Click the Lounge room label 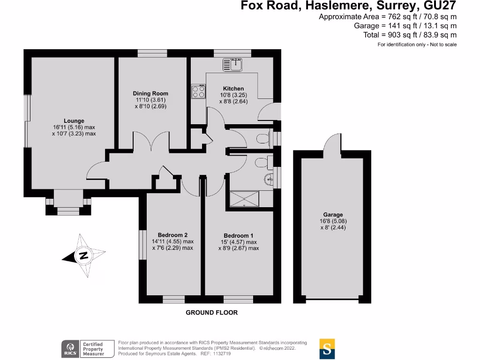pyautogui.click(x=74, y=121)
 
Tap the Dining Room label pyautogui.click(x=150, y=93)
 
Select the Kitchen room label pyautogui.click(x=233, y=89)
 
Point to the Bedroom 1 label pyautogui.click(x=238, y=235)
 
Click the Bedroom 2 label pyautogui.click(x=172, y=235)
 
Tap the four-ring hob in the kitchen pyautogui.click(x=198, y=91)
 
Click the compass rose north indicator pyautogui.click(x=83, y=256)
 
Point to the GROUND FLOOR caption pyautogui.click(x=212, y=313)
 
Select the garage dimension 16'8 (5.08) pyautogui.click(x=333, y=221)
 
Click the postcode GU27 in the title pyautogui.click(x=439, y=6)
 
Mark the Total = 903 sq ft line pyautogui.click(x=410, y=35)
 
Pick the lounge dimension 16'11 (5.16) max pyautogui.click(x=74, y=127)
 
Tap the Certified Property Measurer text pyautogui.click(x=92, y=349)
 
